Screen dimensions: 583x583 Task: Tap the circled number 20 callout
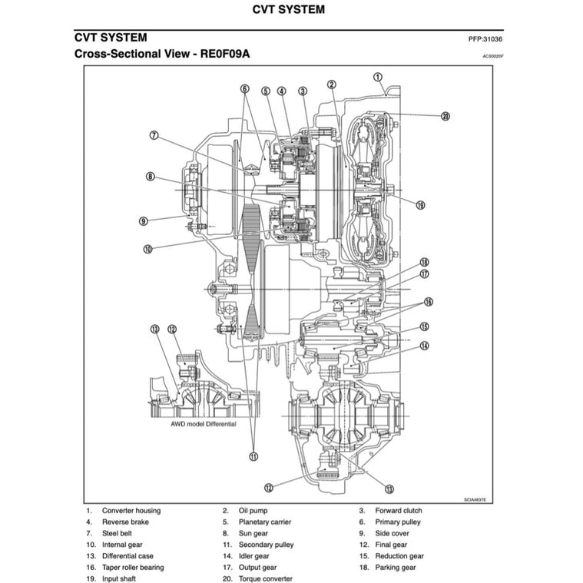pyautogui.click(x=445, y=117)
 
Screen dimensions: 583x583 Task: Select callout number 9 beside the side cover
pyautogui.click(x=143, y=221)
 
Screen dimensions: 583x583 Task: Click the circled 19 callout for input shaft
pyautogui.click(x=421, y=205)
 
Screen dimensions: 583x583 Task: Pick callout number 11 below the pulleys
pyautogui.click(x=253, y=456)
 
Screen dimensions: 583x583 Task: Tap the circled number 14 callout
pyautogui.click(x=424, y=346)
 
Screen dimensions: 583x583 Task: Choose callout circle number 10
pyautogui.click(x=147, y=248)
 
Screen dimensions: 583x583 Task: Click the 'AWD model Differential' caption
pyautogui.click(x=204, y=424)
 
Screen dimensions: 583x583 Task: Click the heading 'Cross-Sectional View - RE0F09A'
pyautogui.click(x=161, y=55)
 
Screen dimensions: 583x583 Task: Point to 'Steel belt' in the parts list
pyautogui.click(x=121, y=533)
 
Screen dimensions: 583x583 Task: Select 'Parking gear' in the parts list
pyautogui.click(x=395, y=568)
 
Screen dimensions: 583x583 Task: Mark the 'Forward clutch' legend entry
pyautogui.click(x=398, y=510)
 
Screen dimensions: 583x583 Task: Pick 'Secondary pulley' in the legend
pyautogui.click(x=266, y=545)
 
